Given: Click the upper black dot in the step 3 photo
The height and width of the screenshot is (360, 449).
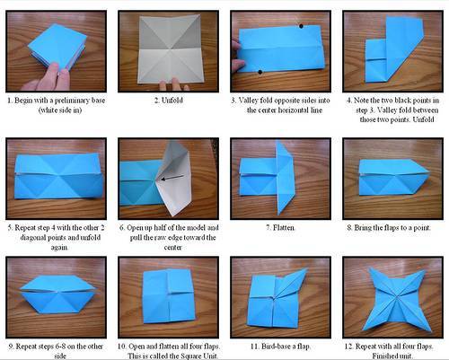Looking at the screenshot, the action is point(301,26).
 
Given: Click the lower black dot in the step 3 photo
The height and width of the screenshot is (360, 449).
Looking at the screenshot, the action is point(260,72).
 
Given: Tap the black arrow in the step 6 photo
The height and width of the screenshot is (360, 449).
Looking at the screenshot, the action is point(172,178).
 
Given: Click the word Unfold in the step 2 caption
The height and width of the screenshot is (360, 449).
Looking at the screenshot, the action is point(172,100).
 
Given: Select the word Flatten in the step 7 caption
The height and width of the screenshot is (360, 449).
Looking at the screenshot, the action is point(284,228).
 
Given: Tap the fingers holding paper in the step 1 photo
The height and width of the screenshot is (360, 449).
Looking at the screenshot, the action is point(48,78).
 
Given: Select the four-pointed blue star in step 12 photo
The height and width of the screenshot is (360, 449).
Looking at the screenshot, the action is point(397,299).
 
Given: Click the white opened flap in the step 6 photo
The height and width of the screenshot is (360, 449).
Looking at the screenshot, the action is point(174,177).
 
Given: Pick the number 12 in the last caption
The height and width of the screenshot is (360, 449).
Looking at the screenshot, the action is point(348,347).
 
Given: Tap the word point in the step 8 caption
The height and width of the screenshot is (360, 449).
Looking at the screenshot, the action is point(422,228).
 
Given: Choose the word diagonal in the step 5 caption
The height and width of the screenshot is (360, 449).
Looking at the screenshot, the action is point(32,238).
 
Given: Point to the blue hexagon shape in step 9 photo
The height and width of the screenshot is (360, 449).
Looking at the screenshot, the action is point(57,294).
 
